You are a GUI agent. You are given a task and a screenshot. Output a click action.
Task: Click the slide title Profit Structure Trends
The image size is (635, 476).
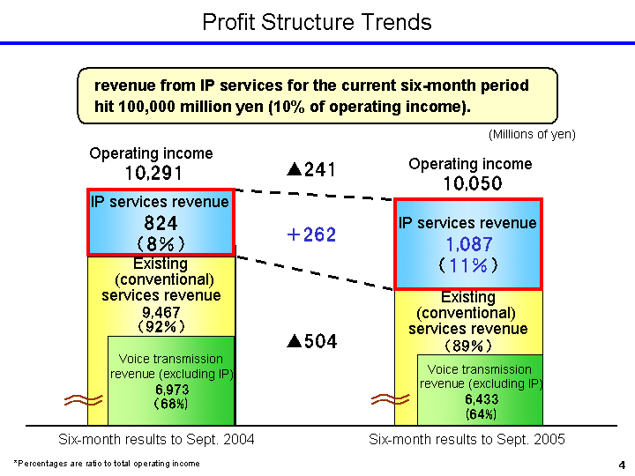[317, 21]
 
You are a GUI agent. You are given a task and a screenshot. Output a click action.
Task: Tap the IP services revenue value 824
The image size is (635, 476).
[160, 224]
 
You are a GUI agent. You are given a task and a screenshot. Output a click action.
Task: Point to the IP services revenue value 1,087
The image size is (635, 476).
[467, 244]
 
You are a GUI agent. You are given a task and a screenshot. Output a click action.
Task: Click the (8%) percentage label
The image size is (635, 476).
[160, 242]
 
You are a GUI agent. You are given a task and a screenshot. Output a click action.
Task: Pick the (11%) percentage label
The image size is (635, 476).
[467, 264]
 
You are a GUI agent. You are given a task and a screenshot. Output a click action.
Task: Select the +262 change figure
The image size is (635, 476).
[311, 235]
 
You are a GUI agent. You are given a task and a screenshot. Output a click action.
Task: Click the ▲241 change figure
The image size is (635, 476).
[311, 168]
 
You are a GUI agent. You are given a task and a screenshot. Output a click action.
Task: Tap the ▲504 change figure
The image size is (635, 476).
[311, 341]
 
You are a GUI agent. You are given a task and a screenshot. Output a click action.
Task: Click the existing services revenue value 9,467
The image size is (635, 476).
[160, 312]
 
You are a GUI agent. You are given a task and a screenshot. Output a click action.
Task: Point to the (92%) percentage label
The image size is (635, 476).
[160, 326]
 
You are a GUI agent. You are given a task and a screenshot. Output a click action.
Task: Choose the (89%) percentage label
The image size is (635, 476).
[467, 346]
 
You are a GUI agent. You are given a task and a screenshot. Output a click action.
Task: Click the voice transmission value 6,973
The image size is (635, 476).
[172, 389]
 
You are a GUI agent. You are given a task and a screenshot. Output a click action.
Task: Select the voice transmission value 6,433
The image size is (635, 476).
[481, 398]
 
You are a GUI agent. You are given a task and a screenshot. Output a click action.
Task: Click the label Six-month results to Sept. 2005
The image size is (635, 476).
[467, 439]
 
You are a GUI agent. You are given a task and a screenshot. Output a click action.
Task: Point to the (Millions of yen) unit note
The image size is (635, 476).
[532, 134]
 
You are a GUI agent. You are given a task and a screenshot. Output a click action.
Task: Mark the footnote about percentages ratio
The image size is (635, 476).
[107, 463]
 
